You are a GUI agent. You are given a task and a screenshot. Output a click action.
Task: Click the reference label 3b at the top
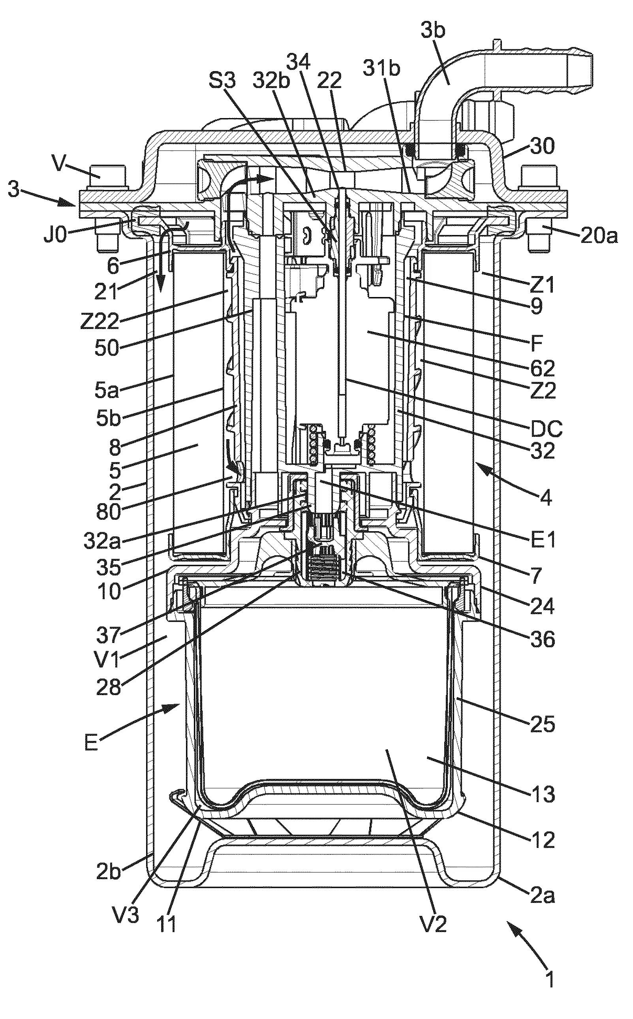pyautogui.click(x=433, y=31)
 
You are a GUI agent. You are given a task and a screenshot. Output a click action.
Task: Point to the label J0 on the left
pyautogui.click(x=55, y=236)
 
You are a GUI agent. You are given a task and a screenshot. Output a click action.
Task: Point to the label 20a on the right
pyautogui.click(x=598, y=237)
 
